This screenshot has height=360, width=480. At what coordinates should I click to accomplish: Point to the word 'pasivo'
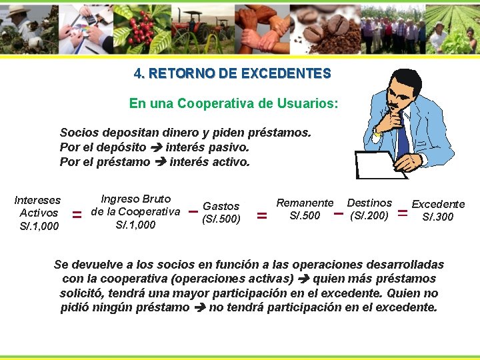click(x=229, y=147)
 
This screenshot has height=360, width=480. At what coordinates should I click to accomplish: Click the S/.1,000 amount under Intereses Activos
click(x=39, y=226)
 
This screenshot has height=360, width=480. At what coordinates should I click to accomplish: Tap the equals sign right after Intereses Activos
click(x=77, y=215)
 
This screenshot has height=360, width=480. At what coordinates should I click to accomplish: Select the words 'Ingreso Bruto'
click(x=135, y=199)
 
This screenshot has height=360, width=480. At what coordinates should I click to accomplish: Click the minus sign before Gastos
click(x=192, y=212)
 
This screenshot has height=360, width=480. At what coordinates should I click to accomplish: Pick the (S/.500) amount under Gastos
click(x=221, y=219)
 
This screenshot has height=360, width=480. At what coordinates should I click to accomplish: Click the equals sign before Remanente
click(x=262, y=216)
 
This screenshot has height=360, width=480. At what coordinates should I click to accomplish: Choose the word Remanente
click(x=305, y=203)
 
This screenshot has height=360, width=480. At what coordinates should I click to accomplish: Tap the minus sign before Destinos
click(x=338, y=214)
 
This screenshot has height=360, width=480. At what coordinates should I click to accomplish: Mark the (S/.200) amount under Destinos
click(x=369, y=215)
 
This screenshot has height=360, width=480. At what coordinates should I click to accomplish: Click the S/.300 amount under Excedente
click(x=437, y=217)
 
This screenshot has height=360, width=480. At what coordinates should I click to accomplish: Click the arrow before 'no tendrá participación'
click(x=199, y=308)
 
